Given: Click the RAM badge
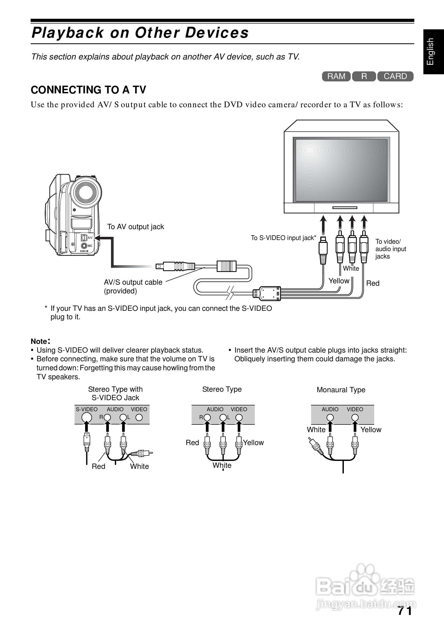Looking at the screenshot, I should (336, 76).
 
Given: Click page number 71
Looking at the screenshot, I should (405, 611).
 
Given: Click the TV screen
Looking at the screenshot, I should (341, 170).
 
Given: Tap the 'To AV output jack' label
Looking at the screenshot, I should (135, 227).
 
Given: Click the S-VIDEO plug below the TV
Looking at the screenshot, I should (323, 249).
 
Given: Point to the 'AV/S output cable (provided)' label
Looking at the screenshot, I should (133, 286).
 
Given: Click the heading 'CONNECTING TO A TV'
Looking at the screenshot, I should (89, 90).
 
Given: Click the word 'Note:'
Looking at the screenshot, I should (40, 341).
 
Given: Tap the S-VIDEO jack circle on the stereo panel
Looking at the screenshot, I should (87, 418).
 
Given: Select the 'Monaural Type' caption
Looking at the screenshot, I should (341, 390).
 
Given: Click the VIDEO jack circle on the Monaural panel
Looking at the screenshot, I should (355, 418).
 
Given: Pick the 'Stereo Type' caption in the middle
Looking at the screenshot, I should (222, 389).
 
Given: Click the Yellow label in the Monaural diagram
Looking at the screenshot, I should (371, 429).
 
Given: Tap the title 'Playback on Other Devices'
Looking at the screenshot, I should (140, 33).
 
